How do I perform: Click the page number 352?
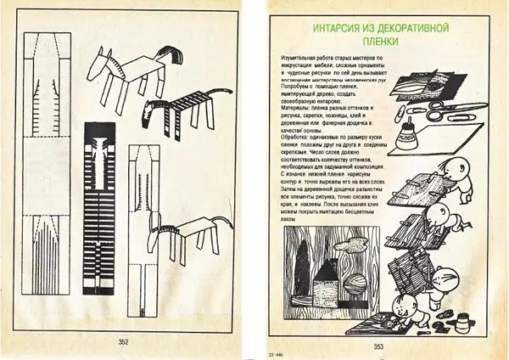pos(122,342)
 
